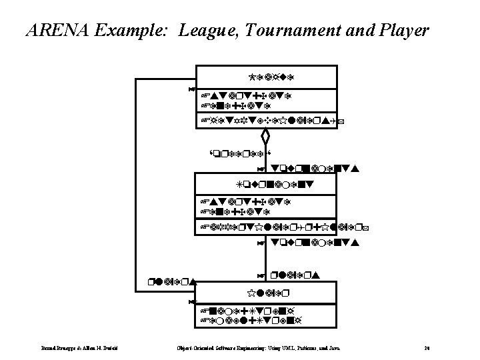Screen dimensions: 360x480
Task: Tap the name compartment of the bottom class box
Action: coord(266,293)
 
